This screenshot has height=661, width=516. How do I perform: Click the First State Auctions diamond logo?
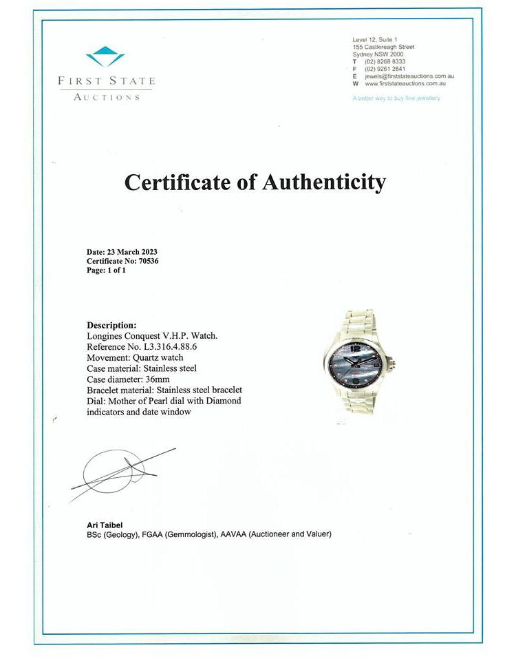tap(105, 56)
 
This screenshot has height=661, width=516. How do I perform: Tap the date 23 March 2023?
tap(133, 252)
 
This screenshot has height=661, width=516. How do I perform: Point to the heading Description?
tap(111, 325)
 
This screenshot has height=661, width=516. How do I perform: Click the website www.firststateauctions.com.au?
tap(405, 83)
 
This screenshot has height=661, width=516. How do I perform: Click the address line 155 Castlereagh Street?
tap(383, 47)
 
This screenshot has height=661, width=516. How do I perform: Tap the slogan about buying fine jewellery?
tap(396, 98)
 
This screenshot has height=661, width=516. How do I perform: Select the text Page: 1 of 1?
tap(106, 271)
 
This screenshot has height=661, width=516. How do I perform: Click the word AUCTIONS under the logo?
tap(107, 97)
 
